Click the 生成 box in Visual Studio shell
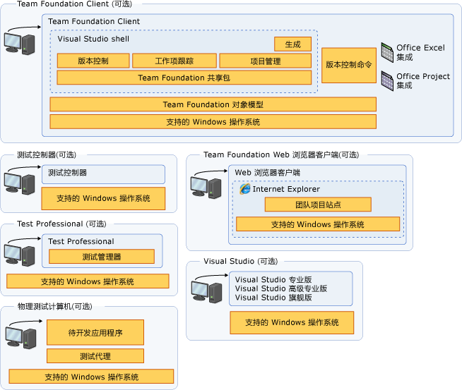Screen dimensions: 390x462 coord(292,44)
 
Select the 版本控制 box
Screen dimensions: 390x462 coord(93,61)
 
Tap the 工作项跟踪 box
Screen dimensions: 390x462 coord(174,61)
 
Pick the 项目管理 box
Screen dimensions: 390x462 coord(265,61)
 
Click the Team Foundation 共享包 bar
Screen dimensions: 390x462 coord(184,78)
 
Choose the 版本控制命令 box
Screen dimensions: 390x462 coord(348,65)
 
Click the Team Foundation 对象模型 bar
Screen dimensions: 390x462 coord(213,104)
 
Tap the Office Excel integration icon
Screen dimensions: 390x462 coord(386,51)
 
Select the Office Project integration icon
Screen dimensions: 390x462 coord(386,80)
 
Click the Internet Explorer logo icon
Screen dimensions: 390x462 coord(244,188)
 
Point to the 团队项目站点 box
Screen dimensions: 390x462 coord(317,205)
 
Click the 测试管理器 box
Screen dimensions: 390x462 coord(101,257)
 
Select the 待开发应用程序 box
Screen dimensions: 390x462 coord(95,332)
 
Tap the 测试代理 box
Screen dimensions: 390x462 coord(95,356)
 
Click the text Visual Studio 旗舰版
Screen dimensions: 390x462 coord(273,298)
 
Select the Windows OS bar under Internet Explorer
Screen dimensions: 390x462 coord(317,224)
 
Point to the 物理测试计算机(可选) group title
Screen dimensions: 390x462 coord(54,307)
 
